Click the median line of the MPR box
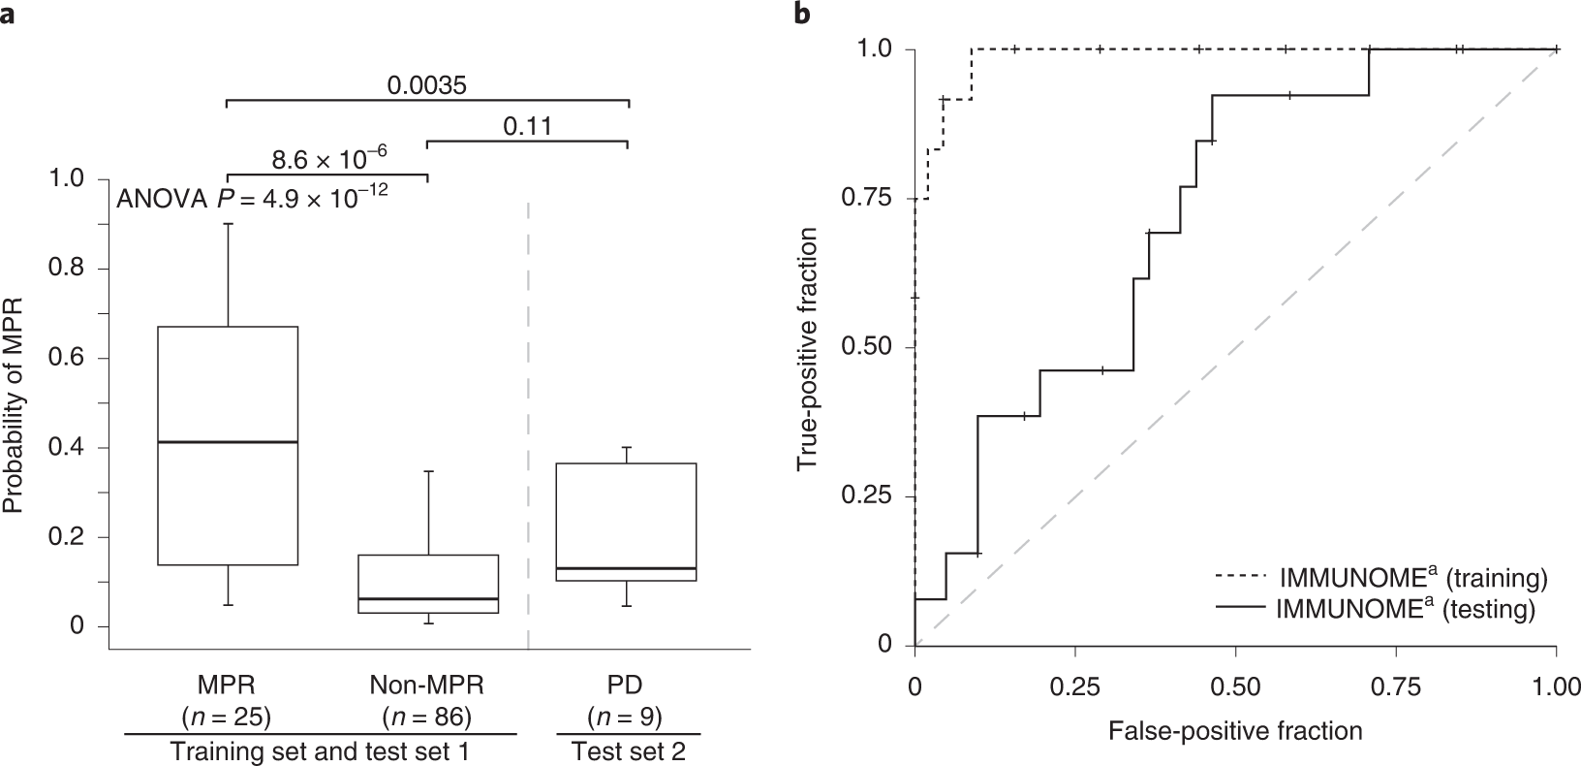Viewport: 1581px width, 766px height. point(228,442)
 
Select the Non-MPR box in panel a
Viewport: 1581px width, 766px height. point(427,585)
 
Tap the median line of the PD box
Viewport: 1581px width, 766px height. point(627,568)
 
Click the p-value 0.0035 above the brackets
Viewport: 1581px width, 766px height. point(427,85)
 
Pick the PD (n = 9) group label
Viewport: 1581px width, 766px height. point(627,701)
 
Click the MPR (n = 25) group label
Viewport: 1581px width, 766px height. point(227,701)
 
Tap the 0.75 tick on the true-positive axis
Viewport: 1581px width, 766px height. point(870,199)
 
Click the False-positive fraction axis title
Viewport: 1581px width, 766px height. point(1235,729)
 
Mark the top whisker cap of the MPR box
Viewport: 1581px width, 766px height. point(228,224)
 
